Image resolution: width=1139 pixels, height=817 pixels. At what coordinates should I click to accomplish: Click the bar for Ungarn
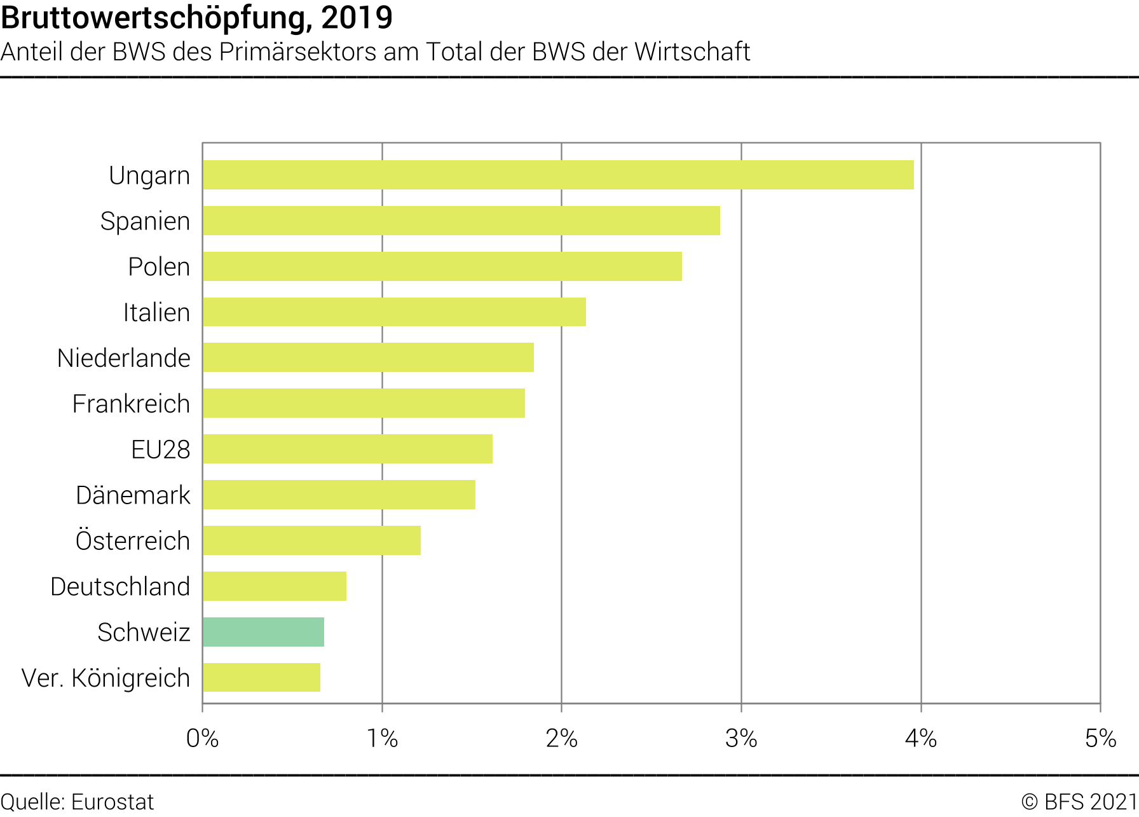[x=558, y=175]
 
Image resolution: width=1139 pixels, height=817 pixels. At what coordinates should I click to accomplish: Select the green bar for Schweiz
[x=263, y=632]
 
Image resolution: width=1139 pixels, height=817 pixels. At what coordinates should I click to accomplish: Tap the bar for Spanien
[x=461, y=221]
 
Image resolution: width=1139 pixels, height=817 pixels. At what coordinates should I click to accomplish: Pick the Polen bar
[x=442, y=266]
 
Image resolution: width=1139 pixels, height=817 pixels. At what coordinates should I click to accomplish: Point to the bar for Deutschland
[x=275, y=586]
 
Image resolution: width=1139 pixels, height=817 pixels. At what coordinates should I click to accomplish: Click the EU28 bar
[x=348, y=449]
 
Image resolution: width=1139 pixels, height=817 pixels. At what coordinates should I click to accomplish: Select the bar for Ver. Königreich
[x=261, y=678]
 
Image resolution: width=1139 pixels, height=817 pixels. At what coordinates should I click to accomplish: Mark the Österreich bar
[x=311, y=540]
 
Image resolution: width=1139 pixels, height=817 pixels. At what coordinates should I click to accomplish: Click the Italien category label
[x=156, y=313]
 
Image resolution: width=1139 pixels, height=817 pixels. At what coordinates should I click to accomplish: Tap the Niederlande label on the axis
[x=123, y=359]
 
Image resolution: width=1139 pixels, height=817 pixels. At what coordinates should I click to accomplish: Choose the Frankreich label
[x=131, y=404]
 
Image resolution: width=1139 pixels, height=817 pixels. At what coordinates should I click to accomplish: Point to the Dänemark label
[x=133, y=495]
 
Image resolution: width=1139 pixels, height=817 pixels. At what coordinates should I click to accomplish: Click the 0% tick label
[x=202, y=739]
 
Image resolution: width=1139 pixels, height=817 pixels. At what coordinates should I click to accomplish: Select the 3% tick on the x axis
[x=741, y=739]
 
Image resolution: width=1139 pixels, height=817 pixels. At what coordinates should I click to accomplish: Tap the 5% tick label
[x=1100, y=739]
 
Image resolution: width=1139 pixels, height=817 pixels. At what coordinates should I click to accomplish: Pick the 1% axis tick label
[x=382, y=739]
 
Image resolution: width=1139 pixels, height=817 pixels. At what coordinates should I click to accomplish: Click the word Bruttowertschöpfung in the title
[x=156, y=18]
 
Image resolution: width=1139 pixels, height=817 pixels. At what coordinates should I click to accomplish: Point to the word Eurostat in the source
[x=113, y=802]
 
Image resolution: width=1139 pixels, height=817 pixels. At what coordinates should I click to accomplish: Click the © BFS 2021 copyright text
[x=1079, y=802]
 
